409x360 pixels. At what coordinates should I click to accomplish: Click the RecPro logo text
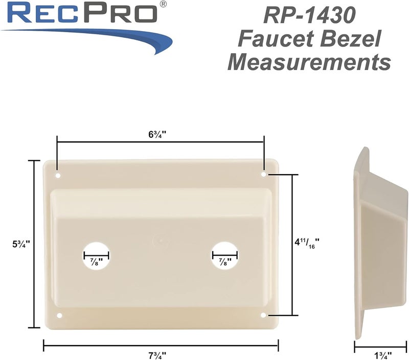point(82,14)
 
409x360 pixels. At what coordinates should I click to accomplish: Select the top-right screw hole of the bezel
point(264,175)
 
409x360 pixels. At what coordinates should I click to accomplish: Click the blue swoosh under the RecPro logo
point(102,38)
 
